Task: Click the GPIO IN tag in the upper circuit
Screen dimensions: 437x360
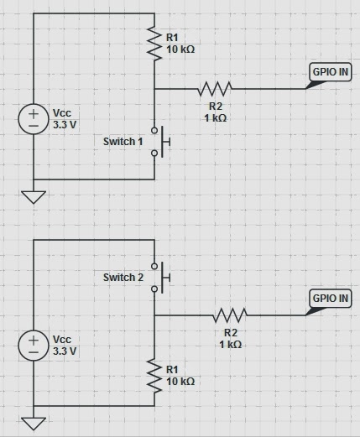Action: point(331,72)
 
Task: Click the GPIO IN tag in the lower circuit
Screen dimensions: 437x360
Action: point(331,299)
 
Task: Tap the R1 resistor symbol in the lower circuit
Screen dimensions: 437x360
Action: point(155,375)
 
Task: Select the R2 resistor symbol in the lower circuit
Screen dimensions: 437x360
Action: point(230,315)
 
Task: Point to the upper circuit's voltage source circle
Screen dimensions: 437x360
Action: point(34,118)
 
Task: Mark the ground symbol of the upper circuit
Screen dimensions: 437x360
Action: point(34,197)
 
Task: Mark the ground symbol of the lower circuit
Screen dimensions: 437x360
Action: point(34,423)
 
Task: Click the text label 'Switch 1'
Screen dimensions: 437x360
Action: point(123,142)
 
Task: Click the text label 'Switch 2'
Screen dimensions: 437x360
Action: point(123,277)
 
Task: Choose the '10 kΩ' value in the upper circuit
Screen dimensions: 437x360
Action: point(180,49)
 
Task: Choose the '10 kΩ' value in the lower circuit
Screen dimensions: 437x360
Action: point(180,381)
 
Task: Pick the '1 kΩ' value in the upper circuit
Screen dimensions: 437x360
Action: point(214,117)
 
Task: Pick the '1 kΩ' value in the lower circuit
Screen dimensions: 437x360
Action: point(230,344)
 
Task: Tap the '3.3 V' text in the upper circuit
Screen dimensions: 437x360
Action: point(65,123)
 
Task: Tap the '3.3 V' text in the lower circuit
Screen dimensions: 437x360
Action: point(65,351)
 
